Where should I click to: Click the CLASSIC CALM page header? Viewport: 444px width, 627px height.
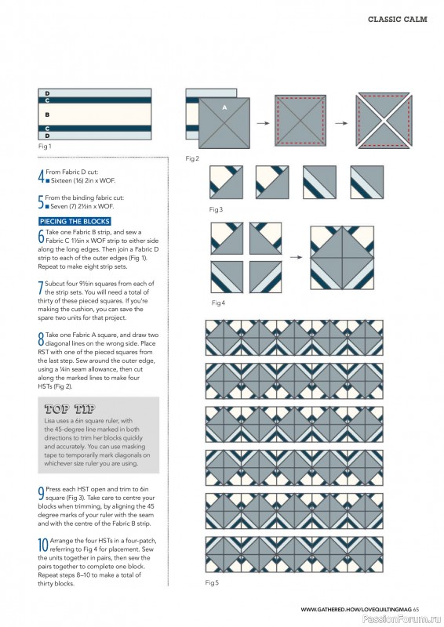click(397, 19)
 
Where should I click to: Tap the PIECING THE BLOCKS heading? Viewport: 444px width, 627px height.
click(75, 222)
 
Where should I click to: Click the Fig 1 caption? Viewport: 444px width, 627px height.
click(45, 146)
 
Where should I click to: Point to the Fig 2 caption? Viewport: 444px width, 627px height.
click(192, 158)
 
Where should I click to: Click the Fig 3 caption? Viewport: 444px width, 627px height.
click(216, 209)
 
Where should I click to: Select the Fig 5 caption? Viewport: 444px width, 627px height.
click(212, 583)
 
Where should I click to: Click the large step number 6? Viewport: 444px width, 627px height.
click(41, 237)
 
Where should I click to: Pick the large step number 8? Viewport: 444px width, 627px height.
click(41, 339)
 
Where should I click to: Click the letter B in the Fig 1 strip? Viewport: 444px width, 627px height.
click(47, 114)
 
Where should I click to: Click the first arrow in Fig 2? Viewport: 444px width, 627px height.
click(264, 123)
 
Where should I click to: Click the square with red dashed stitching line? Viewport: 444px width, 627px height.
click(301, 122)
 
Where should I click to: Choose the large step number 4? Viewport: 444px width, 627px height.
click(41, 176)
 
